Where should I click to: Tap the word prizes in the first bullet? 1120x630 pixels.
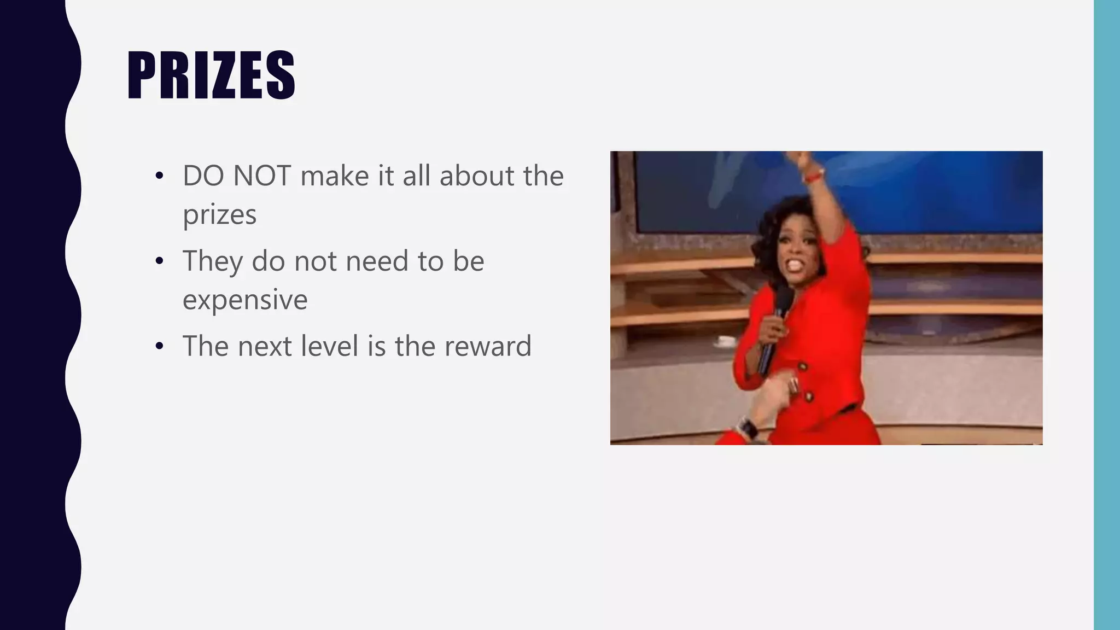tap(219, 214)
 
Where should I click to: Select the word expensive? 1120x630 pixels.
tap(245, 300)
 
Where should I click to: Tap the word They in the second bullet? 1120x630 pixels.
tap(212, 261)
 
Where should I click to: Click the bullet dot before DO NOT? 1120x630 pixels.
tap(159, 177)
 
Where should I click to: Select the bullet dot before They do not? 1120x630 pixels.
tap(159, 261)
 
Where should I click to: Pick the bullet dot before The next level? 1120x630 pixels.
tap(159, 346)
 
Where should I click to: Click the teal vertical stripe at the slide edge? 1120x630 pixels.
tap(1107, 315)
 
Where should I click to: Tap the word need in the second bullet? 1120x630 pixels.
tap(377, 261)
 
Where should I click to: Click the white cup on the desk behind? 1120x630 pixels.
tap(726, 341)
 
